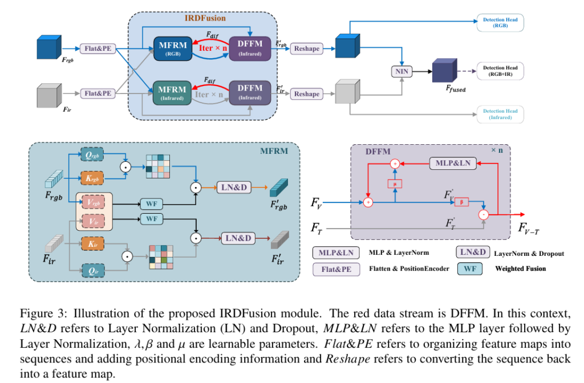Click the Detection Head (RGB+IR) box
point(500,71)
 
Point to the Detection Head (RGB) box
point(500,23)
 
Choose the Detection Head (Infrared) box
point(500,114)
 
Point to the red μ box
point(394,184)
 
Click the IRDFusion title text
point(205,18)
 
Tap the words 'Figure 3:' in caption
point(39,313)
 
